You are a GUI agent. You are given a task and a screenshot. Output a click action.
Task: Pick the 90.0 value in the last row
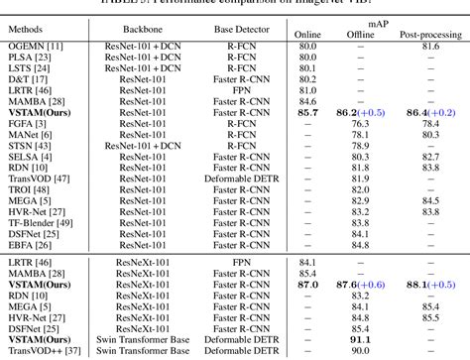pos(362,351)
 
